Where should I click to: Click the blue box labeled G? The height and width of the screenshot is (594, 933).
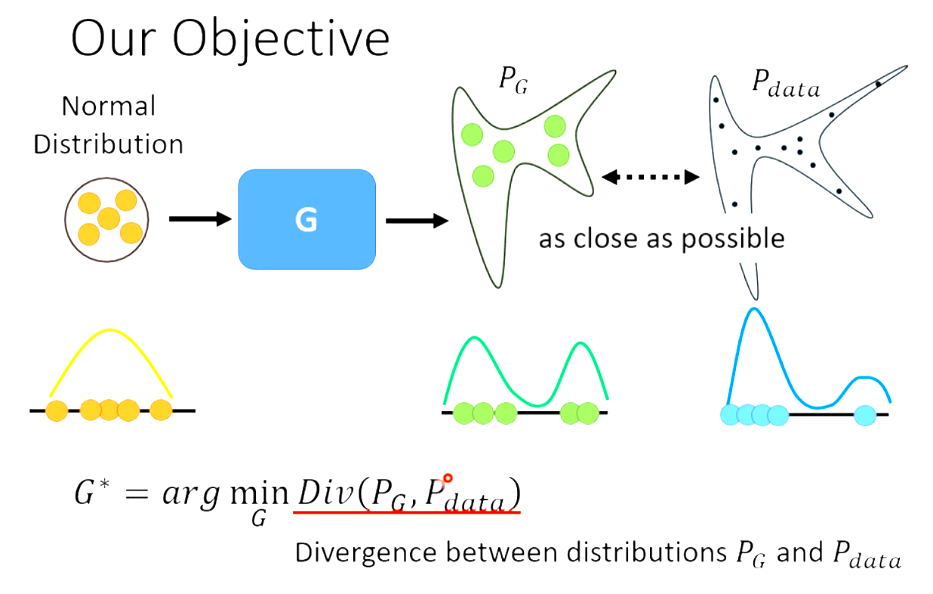tap(306, 219)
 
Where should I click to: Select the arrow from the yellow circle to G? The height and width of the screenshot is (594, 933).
tap(199, 219)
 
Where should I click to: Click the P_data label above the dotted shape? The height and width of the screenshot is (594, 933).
tap(784, 85)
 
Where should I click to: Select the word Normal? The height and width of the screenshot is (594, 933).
tap(109, 107)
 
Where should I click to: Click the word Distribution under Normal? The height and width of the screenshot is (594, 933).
tap(109, 144)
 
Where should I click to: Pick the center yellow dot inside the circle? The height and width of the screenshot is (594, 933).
tap(109, 218)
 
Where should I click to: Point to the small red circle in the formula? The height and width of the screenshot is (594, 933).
tap(448, 478)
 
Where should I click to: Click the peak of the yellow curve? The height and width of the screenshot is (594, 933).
tap(111, 330)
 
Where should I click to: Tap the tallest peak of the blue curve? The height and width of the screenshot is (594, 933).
tap(752, 309)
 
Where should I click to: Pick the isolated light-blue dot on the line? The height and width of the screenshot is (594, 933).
tap(865, 414)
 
